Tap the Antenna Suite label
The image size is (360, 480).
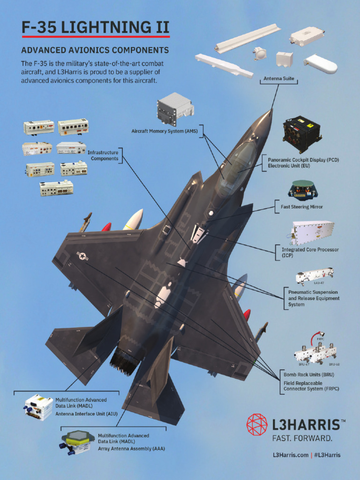click(279, 79)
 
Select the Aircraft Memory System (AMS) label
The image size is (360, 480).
click(165, 131)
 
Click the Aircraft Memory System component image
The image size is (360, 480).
click(175, 109)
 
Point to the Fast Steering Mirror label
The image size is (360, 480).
click(302, 207)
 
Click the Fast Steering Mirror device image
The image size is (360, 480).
click(302, 189)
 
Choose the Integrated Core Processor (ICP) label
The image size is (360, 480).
click(310, 253)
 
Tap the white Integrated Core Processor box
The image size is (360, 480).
click(312, 233)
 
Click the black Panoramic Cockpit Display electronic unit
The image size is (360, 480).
click(302, 134)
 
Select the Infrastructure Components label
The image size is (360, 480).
click(104, 155)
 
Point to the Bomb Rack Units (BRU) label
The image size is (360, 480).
click(308, 375)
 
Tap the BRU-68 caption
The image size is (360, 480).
click(334, 364)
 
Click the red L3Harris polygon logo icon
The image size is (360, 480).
click(257, 425)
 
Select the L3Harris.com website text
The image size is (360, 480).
click(291, 455)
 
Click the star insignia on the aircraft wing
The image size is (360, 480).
click(82, 255)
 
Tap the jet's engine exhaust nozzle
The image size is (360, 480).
click(125, 361)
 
